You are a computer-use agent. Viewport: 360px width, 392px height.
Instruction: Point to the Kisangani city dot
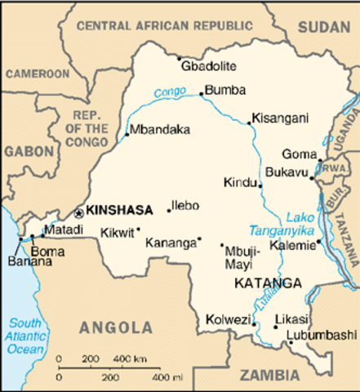click(x=250, y=123)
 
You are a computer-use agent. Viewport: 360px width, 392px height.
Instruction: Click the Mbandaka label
click(x=160, y=129)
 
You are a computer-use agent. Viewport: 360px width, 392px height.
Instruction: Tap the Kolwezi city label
click(x=228, y=319)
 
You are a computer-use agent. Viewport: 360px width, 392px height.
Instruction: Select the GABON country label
click(x=27, y=151)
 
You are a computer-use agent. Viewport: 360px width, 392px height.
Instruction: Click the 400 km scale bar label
click(x=129, y=359)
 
